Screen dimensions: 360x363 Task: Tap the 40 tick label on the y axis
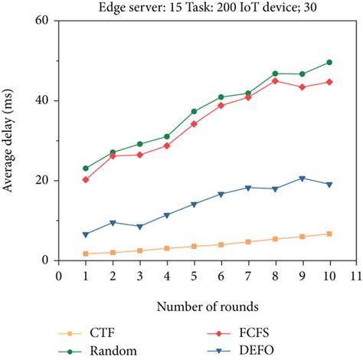(42, 100)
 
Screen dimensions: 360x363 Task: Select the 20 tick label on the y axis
(42, 181)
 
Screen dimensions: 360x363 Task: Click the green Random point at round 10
(329, 62)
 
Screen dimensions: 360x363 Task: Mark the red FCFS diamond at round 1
(86, 179)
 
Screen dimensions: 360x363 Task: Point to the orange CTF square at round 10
(329, 234)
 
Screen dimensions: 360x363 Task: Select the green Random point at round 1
(86, 169)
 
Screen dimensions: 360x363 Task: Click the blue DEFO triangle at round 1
(86, 234)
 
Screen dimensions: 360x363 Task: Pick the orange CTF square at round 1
(86, 254)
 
